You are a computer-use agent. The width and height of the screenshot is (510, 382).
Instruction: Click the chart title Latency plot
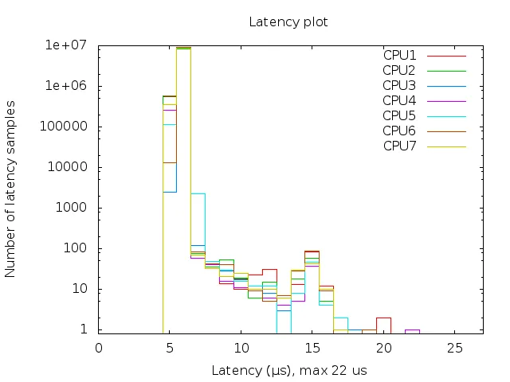click(288, 21)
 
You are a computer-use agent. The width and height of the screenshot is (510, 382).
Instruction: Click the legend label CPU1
click(399, 56)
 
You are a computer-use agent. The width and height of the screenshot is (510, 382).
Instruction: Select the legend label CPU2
click(399, 70)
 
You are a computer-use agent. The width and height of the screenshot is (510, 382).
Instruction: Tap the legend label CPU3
click(399, 85)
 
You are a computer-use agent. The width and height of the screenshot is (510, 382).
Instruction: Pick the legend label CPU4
click(399, 100)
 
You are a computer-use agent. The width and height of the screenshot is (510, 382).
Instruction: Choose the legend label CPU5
click(399, 115)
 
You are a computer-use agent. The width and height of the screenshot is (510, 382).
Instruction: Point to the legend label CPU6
click(399, 130)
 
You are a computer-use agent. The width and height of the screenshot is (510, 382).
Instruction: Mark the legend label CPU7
click(399, 145)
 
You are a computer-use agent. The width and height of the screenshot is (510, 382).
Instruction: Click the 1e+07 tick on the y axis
click(71, 45)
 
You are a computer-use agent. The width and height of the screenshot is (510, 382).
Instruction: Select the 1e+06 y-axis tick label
click(71, 86)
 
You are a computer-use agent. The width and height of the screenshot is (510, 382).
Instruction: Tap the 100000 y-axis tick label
click(69, 127)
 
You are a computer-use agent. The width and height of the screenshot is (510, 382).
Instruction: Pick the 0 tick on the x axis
click(99, 348)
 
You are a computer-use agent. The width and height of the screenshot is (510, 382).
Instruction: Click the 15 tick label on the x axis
click(312, 348)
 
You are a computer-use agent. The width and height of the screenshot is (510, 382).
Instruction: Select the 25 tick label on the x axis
click(454, 348)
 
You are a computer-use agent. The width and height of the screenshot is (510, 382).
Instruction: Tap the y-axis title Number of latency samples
click(11, 189)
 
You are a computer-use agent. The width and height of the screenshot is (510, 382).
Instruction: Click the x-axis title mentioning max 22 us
click(288, 371)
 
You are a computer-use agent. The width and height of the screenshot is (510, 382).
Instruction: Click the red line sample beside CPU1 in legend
click(446, 56)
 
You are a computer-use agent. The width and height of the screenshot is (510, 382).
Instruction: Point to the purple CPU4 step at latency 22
click(412, 329)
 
